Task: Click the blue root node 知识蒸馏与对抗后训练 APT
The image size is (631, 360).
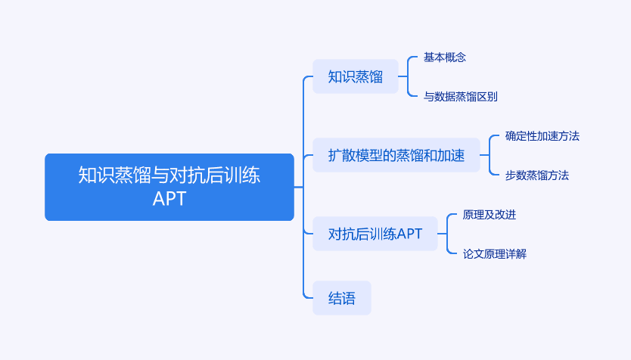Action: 169,187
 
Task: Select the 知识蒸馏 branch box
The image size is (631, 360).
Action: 356,76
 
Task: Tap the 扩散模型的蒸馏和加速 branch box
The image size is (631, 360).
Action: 396,155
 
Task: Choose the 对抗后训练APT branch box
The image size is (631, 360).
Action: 375,234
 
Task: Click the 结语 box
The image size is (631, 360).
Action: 342,298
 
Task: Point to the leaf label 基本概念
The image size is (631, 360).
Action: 445,57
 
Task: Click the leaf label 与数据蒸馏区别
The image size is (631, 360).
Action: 460,97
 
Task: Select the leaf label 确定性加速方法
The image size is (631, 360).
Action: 542,136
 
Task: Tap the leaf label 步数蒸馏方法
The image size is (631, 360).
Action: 537,175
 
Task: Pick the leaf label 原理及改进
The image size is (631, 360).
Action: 489,214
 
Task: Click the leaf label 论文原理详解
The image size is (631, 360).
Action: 494,254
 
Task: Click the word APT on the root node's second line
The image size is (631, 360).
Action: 169,199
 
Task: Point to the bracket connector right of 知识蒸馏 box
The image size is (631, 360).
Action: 408,76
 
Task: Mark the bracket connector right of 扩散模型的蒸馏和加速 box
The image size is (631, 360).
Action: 490,155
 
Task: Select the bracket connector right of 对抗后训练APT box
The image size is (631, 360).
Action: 447,234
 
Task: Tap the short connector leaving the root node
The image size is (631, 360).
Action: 299,187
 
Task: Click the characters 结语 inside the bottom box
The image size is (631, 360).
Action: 342,299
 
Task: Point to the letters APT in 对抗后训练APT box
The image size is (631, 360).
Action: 409,234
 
